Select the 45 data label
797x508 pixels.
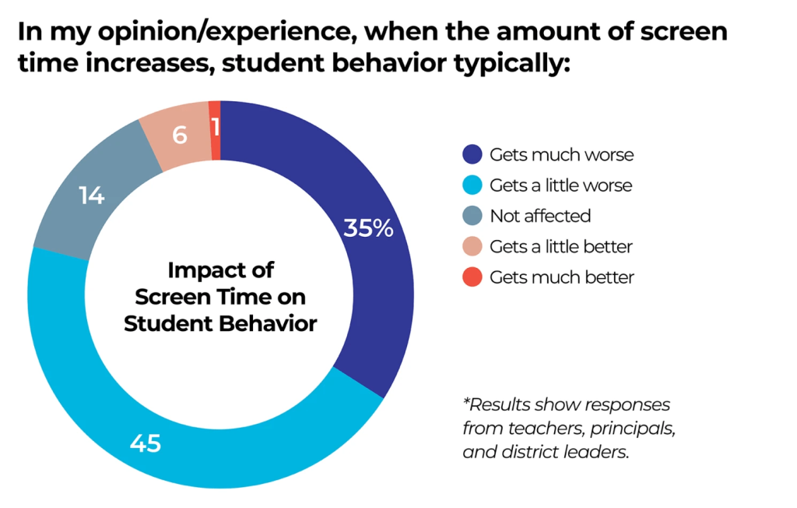point(146,444)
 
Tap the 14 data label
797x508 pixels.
point(91,196)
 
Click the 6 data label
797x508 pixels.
point(180,135)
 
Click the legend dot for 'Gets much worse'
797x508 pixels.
point(472,154)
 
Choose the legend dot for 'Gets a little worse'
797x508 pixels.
point(472,185)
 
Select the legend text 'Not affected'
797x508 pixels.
point(540,216)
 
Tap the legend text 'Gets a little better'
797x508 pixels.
point(561,246)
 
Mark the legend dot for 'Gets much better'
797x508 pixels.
point(472,277)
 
